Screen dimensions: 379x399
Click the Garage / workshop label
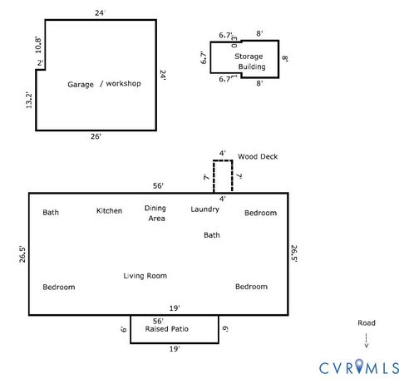[104, 84]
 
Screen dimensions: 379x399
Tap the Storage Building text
[253, 62]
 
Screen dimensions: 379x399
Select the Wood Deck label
[258, 156]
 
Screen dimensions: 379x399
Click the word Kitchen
[109, 211]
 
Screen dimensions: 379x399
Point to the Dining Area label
[155, 214]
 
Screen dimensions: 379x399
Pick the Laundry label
[204, 209]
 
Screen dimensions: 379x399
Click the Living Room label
[145, 276]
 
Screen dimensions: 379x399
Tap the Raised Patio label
[167, 330]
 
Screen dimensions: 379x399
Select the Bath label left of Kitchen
[51, 213]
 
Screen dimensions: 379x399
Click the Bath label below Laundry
[212, 235]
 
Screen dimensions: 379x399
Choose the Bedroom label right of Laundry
[260, 214]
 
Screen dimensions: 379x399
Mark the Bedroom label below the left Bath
[59, 287]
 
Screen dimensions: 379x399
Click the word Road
[366, 322]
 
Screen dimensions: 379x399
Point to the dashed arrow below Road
[366, 339]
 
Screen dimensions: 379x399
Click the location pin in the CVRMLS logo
[360, 366]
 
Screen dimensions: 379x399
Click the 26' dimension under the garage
[96, 137]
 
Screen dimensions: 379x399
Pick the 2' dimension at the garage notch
[39, 63]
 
